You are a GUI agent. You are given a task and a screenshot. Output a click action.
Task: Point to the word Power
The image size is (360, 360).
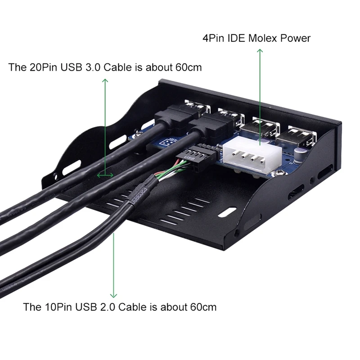click(296, 38)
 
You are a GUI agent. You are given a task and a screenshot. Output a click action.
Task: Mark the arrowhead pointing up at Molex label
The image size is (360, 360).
click(260, 51)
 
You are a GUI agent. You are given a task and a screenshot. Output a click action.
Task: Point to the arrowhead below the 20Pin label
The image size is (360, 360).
click(105, 81)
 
